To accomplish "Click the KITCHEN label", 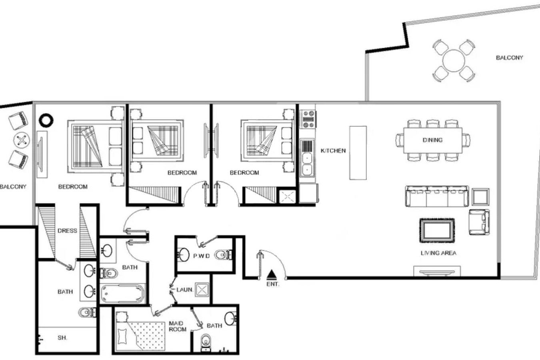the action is [x=333, y=151].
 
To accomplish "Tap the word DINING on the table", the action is [x=432, y=140].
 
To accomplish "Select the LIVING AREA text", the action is [x=438, y=253].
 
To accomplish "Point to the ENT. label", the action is [x=273, y=284].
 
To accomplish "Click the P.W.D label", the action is [x=202, y=256].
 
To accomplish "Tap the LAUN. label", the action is [x=185, y=290].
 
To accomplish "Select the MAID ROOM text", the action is [x=178, y=326].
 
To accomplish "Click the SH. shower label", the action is [x=62, y=338].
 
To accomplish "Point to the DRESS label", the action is [x=67, y=231].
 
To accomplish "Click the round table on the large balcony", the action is [x=454, y=61].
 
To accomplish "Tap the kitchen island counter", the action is [x=358, y=153].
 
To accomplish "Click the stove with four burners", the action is [x=308, y=119].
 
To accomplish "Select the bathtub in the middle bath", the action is [x=122, y=294].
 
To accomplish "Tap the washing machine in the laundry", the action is [x=202, y=289].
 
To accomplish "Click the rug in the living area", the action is [x=437, y=230].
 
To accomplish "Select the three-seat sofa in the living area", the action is [x=437, y=196].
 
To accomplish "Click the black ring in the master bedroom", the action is [x=46, y=120].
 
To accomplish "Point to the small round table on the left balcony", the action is [x=22, y=140].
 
